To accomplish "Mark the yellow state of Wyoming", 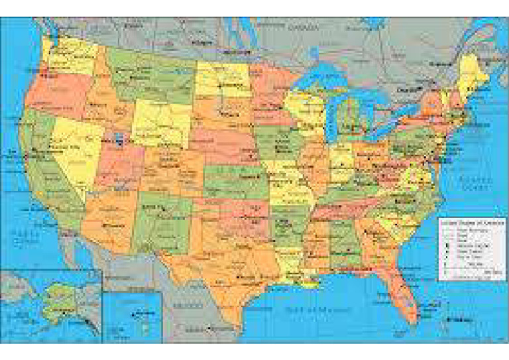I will point(159,123).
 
